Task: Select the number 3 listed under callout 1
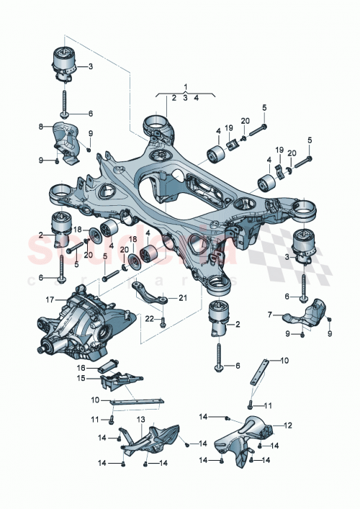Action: coord(185,97)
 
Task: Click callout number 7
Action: coord(270,315)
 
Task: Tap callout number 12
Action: coord(289,425)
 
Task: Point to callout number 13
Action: coord(140,420)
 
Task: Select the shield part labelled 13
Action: coord(148,441)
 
